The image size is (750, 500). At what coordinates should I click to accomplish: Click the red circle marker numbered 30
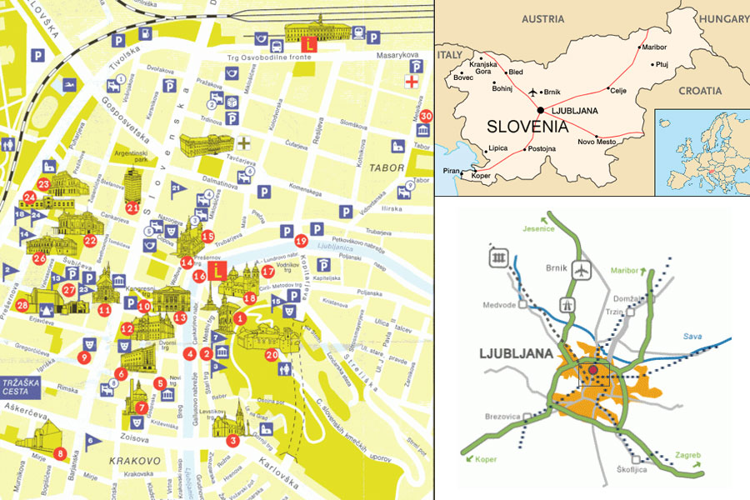click(x=426, y=116)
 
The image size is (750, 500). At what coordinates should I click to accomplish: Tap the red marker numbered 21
click(x=133, y=207)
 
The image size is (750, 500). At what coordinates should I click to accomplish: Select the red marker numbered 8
click(x=59, y=453)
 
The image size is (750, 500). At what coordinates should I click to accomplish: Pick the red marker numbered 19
click(x=301, y=241)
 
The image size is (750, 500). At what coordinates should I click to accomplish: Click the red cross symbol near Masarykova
click(x=411, y=81)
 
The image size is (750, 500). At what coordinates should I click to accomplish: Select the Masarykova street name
click(x=398, y=55)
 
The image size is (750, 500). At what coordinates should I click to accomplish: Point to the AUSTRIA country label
click(x=544, y=17)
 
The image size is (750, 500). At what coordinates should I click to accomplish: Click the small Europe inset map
click(x=702, y=150)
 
